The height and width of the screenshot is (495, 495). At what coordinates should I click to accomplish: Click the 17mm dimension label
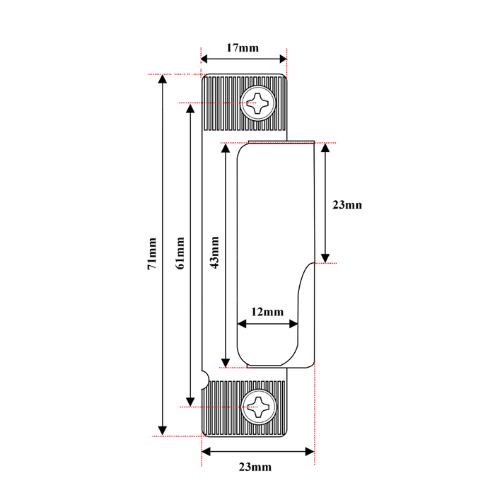point(243,48)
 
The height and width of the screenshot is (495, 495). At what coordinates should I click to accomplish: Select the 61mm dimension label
point(180,253)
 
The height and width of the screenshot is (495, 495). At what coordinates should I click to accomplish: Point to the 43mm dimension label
point(214,252)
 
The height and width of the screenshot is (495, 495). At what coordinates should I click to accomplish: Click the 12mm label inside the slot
point(267,312)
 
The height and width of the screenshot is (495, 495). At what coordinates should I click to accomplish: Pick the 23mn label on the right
point(347,205)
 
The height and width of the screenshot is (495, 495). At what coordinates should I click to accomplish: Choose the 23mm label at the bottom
point(255,467)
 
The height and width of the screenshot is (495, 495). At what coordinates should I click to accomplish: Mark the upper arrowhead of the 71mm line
point(163,79)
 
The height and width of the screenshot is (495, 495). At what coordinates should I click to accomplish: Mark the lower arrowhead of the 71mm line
point(163,431)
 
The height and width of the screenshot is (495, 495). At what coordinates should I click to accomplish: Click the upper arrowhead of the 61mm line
point(190,109)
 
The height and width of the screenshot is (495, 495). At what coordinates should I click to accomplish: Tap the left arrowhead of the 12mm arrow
point(241,324)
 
